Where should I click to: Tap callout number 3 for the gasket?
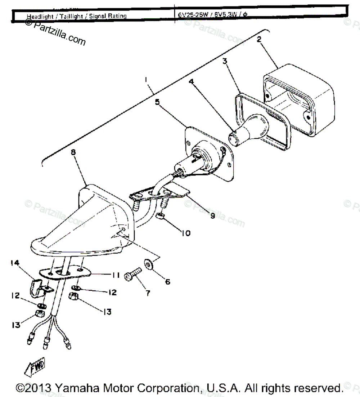point(225,61)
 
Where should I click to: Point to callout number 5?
point(157,102)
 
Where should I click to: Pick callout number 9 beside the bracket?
point(212,216)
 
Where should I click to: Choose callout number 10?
point(186,233)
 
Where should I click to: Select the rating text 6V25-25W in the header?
point(190,15)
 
